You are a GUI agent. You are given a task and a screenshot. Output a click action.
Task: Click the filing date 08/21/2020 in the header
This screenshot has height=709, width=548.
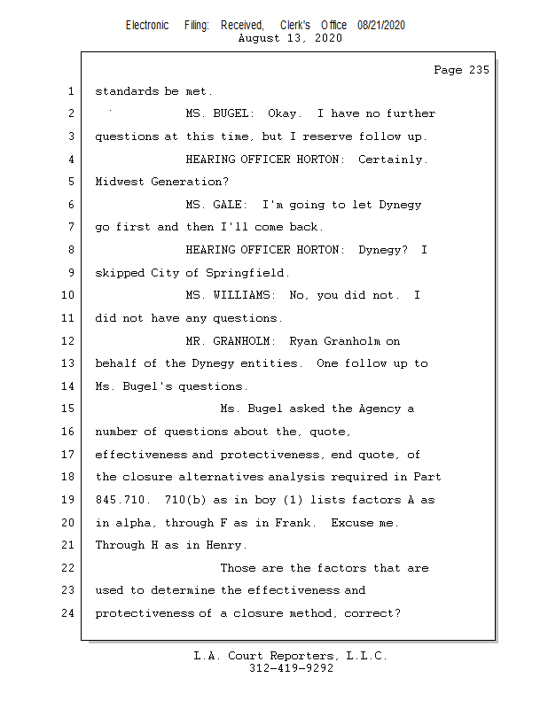coord(381,26)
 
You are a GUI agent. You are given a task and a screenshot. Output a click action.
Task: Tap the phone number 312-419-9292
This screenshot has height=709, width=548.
coord(292,668)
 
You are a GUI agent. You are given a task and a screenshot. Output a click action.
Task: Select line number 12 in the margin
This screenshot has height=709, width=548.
coord(69,340)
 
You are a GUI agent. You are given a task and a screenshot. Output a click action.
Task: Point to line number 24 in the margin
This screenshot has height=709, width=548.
coord(69,612)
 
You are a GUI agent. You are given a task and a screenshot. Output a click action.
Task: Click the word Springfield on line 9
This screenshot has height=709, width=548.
coord(248,273)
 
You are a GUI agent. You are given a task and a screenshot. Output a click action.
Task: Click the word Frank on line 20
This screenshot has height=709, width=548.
coord(296,523)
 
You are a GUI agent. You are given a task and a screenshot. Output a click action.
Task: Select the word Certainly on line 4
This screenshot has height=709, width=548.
coord(392,160)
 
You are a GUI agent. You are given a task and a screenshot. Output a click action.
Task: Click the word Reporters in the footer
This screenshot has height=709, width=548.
coord(298,656)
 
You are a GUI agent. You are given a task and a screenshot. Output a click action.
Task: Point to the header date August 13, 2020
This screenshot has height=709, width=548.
coord(292,38)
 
